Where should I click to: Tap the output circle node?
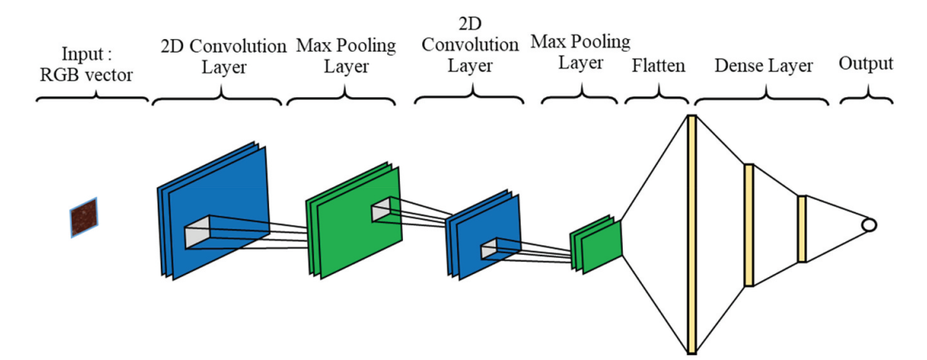(869, 225)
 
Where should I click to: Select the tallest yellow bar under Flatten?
(691, 234)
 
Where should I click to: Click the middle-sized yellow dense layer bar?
(749, 225)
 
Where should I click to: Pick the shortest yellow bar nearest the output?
(802, 229)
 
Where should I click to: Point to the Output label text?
(866, 64)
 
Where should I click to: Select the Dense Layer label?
(764, 65)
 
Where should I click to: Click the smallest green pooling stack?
(596, 244)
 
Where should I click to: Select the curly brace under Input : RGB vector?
(94, 100)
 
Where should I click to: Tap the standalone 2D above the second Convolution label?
(475, 21)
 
